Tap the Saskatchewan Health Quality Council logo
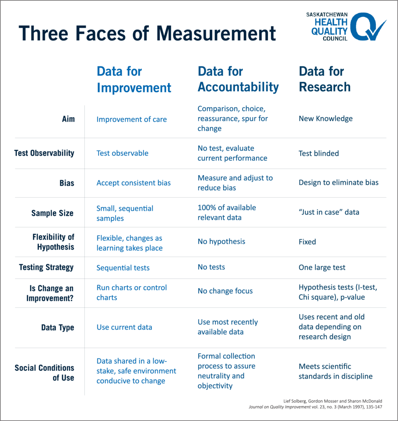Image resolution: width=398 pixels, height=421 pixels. pos(345,27)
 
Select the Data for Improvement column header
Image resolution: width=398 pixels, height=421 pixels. pos(134,79)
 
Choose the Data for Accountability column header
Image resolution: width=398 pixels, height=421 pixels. pos(238,79)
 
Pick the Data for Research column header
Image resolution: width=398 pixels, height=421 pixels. pos(324,79)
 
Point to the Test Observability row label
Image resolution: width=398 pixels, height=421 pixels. pos(44,153)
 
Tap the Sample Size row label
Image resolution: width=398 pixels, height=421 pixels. pos(53,213)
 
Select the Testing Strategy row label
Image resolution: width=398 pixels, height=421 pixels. pos(46,267)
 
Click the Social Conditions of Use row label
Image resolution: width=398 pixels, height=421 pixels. pos(44,372)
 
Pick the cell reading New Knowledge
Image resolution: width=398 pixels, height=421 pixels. pos(326,119)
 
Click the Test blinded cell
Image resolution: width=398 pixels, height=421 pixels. pos(319,153)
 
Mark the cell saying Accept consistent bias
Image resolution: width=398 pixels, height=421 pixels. pos(134,183)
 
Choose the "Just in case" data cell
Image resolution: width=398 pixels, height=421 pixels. pos(329,212)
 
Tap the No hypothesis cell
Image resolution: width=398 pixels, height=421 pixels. pos(221,241)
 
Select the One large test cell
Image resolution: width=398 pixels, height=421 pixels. pos(322,267)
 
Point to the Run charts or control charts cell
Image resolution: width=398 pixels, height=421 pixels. pos(132,292)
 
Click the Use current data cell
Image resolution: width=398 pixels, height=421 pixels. pos(124,327)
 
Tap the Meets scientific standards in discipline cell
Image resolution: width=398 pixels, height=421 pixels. pos(336,371)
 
